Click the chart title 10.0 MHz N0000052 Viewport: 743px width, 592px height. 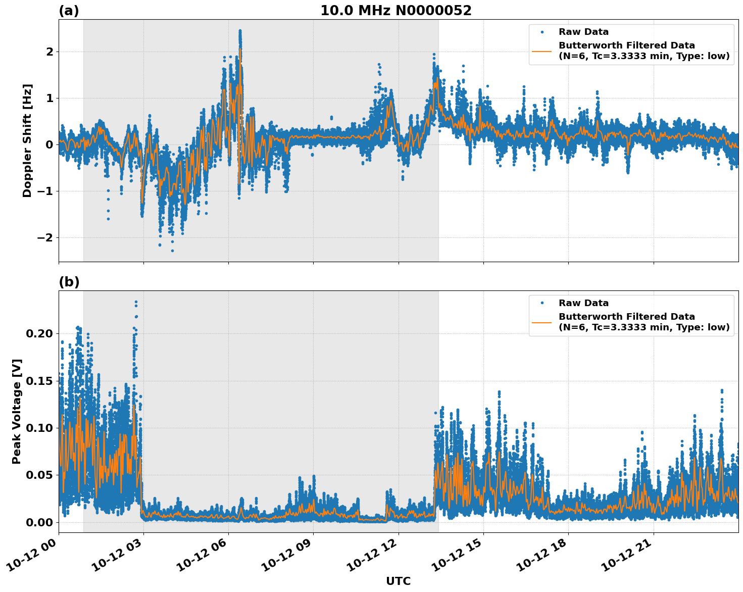pos(395,11)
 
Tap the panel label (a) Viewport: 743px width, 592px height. pos(69,11)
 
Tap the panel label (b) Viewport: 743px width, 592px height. pos(69,282)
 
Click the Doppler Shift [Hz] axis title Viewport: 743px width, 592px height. pos(27,140)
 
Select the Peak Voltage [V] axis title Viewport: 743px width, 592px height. pos(17,411)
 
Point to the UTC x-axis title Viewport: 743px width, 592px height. pos(398,581)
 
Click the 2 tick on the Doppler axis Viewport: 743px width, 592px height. pos(49,52)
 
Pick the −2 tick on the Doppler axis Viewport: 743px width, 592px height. pos(46,237)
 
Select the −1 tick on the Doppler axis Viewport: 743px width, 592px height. pos(46,191)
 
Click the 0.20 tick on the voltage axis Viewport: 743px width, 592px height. pos(39,333)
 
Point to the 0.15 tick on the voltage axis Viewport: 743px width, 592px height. pos(39,381)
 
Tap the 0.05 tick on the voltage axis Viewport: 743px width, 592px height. pos(39,475)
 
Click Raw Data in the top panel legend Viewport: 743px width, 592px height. pos(583,32)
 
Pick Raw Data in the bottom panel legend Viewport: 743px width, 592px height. pos(583,303)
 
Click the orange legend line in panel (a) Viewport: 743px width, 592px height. pos(542,51)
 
